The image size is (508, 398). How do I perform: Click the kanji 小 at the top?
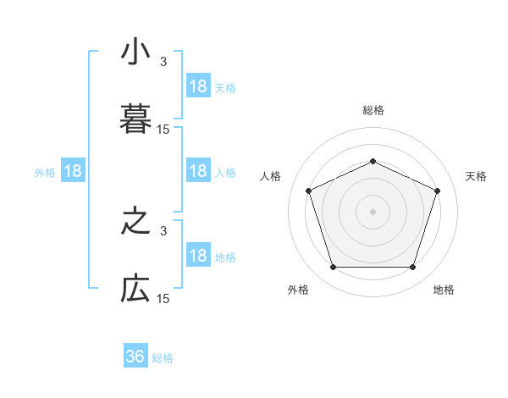pos(136,53)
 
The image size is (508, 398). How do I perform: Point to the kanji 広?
pos(136,289)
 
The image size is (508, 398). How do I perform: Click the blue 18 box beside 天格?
pos(198,86)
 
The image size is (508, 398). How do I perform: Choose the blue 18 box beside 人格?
pos(198,171)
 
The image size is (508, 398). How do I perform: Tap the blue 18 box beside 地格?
pos(198,256)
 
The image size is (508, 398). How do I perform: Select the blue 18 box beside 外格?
pos(73,171)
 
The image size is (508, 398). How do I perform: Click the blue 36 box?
pos(135,357)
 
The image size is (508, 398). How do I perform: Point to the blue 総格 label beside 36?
pos(163,358)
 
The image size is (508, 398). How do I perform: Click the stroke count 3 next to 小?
pos(163,62)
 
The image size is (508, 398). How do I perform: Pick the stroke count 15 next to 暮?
pos(163,130)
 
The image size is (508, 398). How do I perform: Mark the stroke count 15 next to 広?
pos(163,299)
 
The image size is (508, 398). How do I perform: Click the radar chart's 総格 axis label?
pos(373,110)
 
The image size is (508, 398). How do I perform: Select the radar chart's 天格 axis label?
pos(476,176)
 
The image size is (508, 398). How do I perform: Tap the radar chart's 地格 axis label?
pos(444,290)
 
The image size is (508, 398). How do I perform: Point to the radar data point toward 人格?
pos(309,191)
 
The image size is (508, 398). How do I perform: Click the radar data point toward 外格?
pos(334,268)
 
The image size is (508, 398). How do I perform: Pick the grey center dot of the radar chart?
pos(373,211)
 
